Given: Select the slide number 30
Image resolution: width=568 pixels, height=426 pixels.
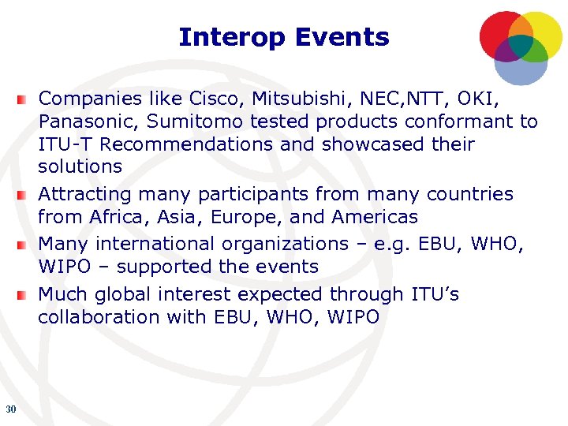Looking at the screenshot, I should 10,409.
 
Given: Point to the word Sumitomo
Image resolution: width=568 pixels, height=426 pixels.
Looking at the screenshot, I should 187,121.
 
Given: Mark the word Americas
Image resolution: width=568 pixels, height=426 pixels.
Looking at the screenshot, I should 375,216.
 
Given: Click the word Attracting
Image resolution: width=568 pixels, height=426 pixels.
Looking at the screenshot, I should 84,194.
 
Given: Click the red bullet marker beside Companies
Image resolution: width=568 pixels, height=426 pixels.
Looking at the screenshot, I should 25,99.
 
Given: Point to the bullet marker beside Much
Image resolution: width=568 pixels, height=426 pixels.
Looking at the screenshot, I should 25,295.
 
